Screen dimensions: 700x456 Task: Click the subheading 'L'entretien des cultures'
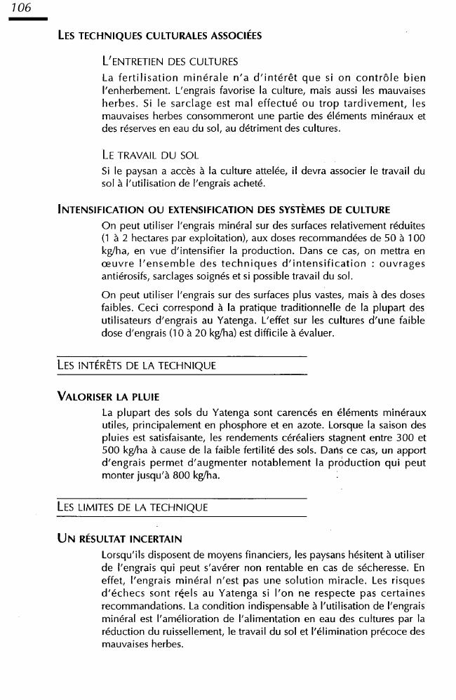point(170,62)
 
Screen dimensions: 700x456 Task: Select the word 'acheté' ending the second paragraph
point(241,183)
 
